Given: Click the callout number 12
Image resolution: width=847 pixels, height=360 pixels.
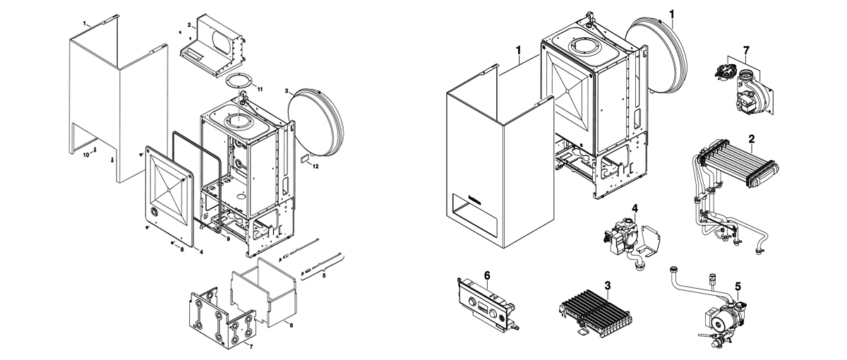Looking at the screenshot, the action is [x=316, y=167].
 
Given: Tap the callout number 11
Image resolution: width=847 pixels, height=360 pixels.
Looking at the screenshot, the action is [x=260, y=89].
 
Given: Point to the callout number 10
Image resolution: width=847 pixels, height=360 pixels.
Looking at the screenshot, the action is [x=86, y=155].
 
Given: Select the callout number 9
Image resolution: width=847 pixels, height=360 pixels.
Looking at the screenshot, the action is [x=229, y=239].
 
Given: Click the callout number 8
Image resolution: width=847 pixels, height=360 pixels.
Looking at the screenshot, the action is [x=182, y=250].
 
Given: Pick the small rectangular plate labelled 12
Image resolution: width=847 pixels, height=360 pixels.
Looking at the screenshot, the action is [x=305, y=159].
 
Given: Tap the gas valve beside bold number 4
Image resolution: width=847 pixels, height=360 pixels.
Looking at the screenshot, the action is [x=630, y=242].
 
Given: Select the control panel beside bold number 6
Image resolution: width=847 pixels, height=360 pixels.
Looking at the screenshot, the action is [x=488, y=308].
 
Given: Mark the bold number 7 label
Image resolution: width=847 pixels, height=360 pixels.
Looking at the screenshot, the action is [x=746, y=50].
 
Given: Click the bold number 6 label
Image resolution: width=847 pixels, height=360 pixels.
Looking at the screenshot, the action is [x=488, y=276].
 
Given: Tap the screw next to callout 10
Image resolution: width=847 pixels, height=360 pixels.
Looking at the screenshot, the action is [x=95, y=150].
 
